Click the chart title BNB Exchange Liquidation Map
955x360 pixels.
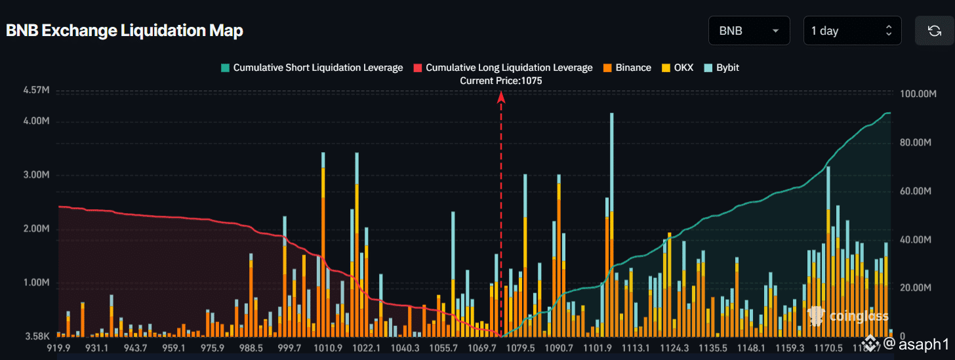coord(125,31)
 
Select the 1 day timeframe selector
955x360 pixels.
coord(852,31)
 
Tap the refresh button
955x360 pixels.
coord(935,31)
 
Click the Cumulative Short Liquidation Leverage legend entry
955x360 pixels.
coord(312,68)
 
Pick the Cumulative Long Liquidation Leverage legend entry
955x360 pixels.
coord(503,68)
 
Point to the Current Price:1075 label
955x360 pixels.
coord(501,81)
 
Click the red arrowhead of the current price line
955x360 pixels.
coord(501,97)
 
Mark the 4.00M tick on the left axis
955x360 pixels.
coord(35,121)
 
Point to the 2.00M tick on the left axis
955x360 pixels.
coord(35,230)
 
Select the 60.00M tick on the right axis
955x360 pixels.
coord(918,191)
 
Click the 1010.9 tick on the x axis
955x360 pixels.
coord(328,348)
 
